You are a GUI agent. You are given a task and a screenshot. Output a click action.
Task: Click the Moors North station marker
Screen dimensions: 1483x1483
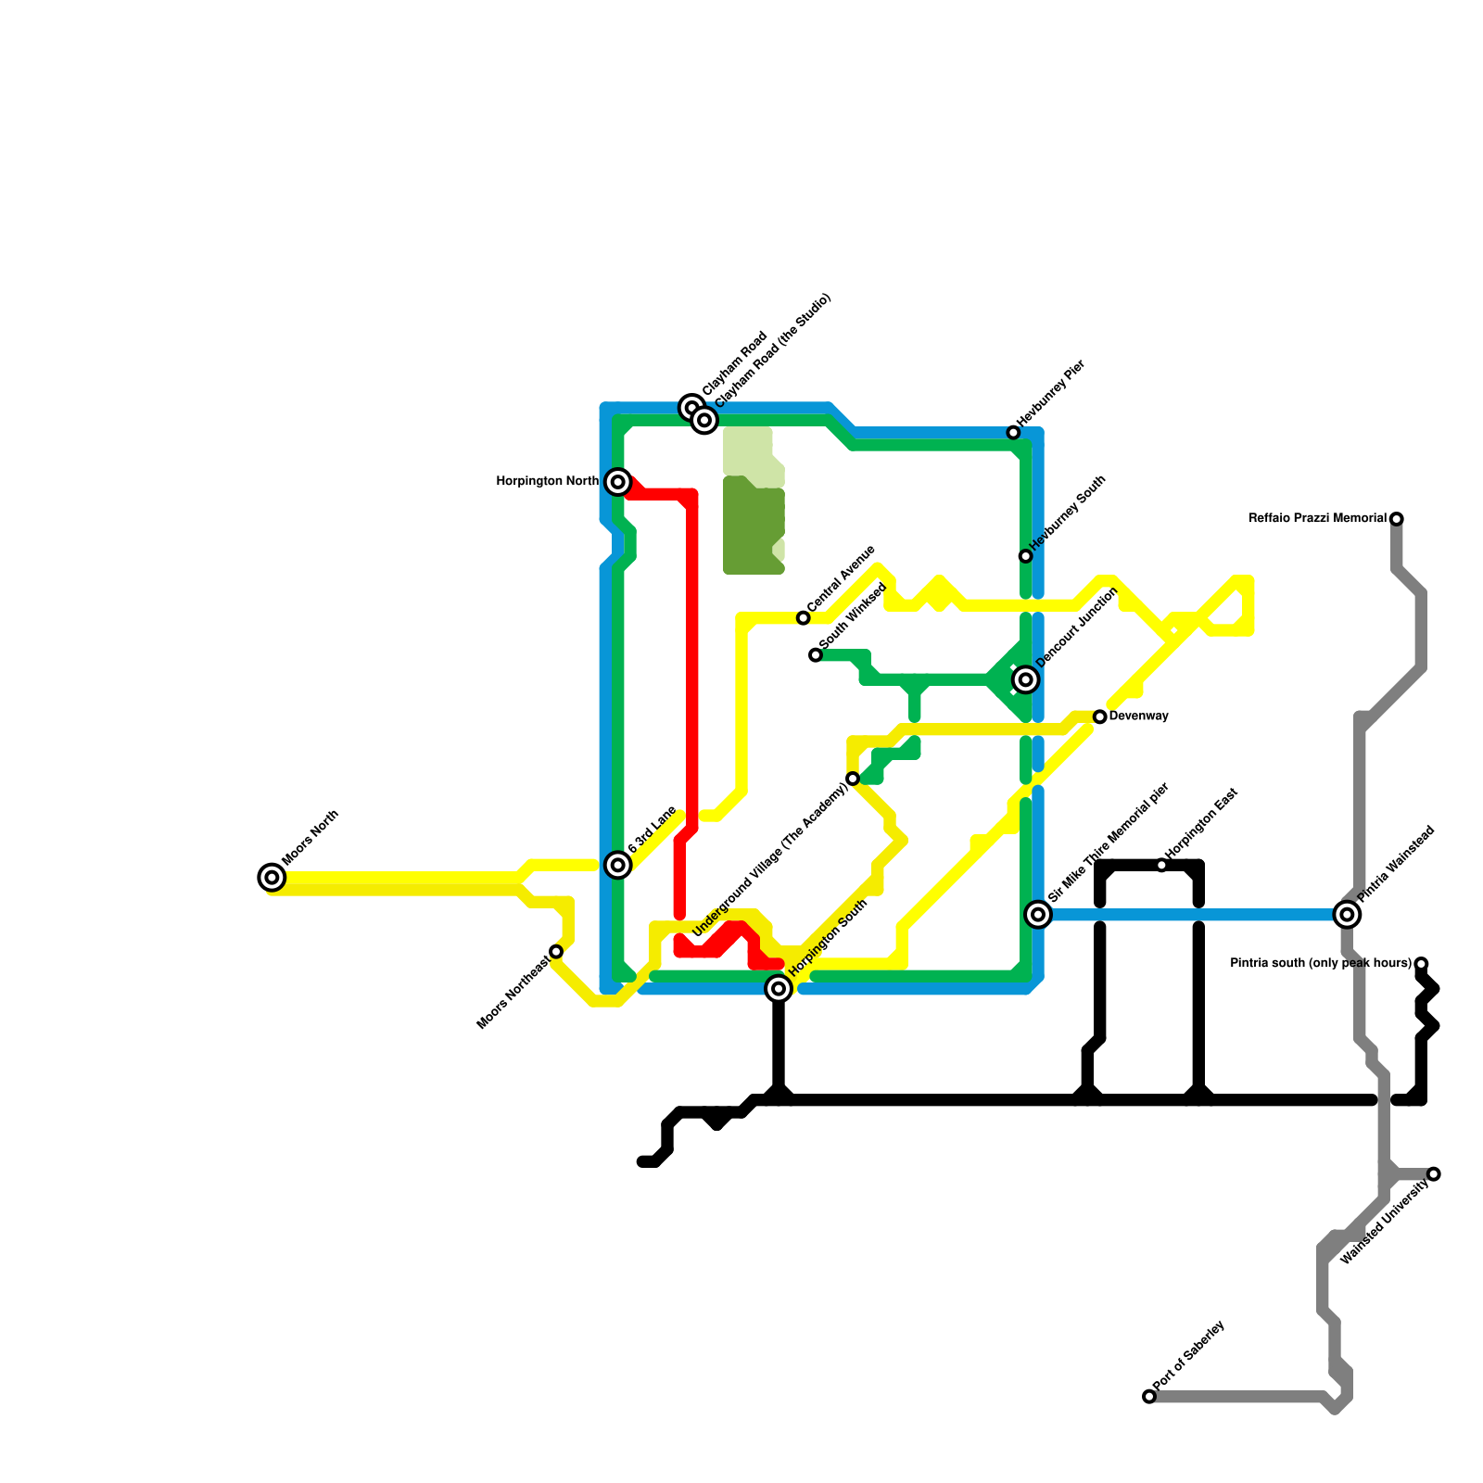pos(272,877)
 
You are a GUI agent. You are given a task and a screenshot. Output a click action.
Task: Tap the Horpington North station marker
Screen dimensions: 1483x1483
pos(618,482)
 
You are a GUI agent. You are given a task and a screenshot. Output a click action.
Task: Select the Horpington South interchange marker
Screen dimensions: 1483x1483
pos(780,989)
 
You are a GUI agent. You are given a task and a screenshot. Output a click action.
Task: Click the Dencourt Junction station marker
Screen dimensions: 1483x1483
pos(1025,680)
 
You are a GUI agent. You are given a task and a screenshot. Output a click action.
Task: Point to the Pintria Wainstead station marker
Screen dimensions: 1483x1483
pos(1348,915)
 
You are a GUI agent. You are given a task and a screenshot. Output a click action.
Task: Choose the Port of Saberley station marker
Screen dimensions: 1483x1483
pos(1149,1396)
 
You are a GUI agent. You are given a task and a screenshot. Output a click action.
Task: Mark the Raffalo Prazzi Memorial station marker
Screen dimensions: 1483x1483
pos(1397,519)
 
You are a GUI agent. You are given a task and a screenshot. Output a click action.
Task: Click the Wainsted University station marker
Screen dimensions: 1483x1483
pos(1434,1174)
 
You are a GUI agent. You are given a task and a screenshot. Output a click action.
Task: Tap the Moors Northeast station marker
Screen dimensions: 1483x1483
pos(556,952)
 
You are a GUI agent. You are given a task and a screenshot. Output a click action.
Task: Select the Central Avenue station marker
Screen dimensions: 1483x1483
pos(804,618)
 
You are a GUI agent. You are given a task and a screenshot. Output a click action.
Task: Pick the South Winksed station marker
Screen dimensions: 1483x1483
pos(816,655)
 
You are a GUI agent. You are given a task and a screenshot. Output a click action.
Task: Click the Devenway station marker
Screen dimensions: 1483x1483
pos(1100,717)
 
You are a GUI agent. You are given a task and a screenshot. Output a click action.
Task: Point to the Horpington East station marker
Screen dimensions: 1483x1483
pos(1162,866)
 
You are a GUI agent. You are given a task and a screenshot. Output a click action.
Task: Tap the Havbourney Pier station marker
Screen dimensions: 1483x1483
pos(1014,433)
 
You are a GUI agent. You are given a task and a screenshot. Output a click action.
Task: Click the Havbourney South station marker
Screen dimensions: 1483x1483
pos(1025,556)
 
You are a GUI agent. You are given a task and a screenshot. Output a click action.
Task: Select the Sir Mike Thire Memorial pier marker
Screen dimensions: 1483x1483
pos(1039,915)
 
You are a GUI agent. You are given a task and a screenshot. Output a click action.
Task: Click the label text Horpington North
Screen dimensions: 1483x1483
pos(548,482)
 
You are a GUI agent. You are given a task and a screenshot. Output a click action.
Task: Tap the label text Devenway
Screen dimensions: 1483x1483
pos(1138,716)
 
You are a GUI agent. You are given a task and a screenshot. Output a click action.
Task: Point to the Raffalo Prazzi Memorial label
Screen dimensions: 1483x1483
pos(1317,519)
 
